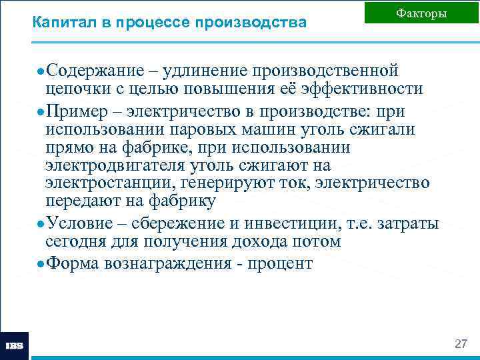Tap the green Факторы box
(421, 13)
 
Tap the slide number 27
(460, 344)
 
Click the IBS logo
(14, 346)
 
